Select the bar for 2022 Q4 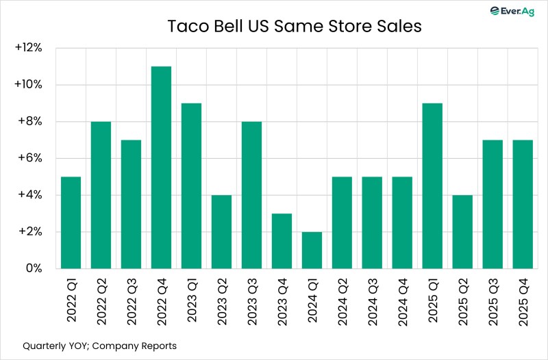[x=161, y=167]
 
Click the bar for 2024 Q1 [x=312, y=250]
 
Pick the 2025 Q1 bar [x=432, y=185]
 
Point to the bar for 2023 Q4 [x=282, y=241]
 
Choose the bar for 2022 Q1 [x=71, y=222]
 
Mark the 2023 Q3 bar [x=251, y=195]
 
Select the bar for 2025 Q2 [x=462, y=231]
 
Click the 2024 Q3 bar [x=372, y=222]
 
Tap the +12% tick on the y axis [x=29, y=49]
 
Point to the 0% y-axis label [x=34, y=269]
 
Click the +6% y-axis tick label [x=31, y=159]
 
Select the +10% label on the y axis [x=29, y=85]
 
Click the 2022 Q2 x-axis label [x=101, y=300]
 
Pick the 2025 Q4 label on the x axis [x=523, y=300]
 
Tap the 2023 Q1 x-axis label [x=192, y=300]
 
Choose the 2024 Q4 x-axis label [x=403, y=300]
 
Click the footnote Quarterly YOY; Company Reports [x=99, y=346]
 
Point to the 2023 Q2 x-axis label [x=222, y=300]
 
